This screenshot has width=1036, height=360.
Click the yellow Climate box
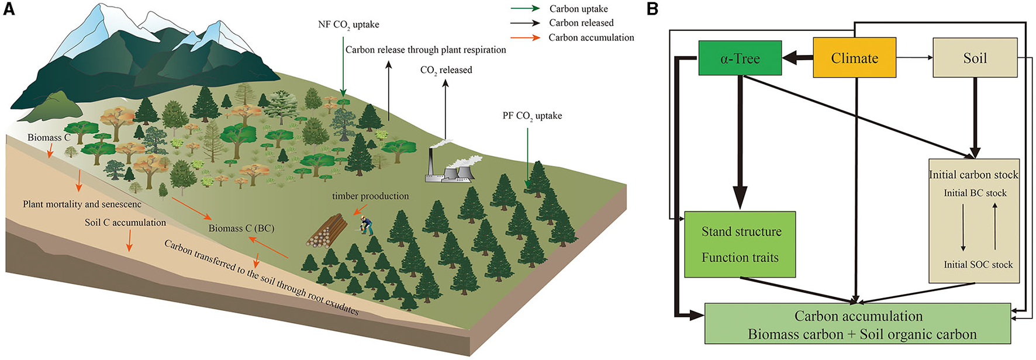(854, 58)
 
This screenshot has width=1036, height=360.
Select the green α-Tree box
(740, 58)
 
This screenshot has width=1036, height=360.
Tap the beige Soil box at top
(975, 58)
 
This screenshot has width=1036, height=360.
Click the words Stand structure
(741, 232)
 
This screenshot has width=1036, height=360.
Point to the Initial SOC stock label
(978, 265)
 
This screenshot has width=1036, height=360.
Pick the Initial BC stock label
(975, 193)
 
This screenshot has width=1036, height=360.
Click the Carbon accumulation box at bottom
(858, 324)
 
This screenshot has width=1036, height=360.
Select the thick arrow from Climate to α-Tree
(797, 58)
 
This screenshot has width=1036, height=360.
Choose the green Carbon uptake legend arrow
(524, 9)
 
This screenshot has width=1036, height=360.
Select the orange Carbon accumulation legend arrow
(524, 38)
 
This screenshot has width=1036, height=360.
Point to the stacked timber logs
(326, 231)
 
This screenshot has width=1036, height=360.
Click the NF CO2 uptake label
(348, 25)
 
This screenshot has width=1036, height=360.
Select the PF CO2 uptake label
(532, 116)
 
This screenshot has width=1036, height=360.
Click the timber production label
(370, 196)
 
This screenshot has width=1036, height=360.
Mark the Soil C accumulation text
(125, 223)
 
